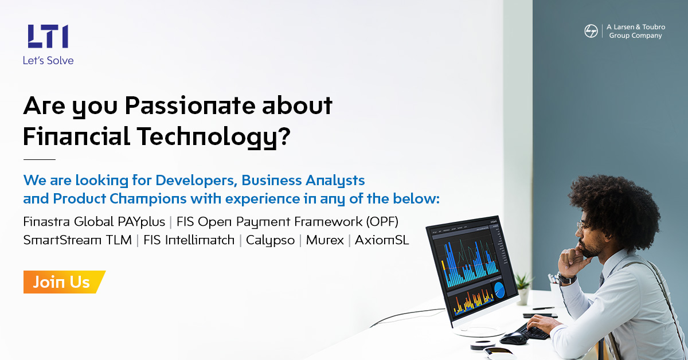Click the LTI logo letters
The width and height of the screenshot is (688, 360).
coord(48,36)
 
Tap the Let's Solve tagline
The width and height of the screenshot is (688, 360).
coord(48,60)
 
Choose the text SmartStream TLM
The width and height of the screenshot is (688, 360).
coord(77,240)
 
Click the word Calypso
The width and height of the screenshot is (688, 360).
coord(270,240)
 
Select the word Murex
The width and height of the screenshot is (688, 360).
coord(325,240)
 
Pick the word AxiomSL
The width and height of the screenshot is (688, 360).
coord(382,240)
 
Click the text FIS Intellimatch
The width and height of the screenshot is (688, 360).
coord(189,240)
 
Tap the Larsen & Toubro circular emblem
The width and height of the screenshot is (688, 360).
coord(591,31)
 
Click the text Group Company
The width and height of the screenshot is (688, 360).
coord(635,36)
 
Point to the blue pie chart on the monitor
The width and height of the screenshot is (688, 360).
coord(499,290)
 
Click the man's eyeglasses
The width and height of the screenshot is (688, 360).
coord(584,225)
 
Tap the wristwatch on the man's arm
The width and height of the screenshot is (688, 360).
coord(566,279)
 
